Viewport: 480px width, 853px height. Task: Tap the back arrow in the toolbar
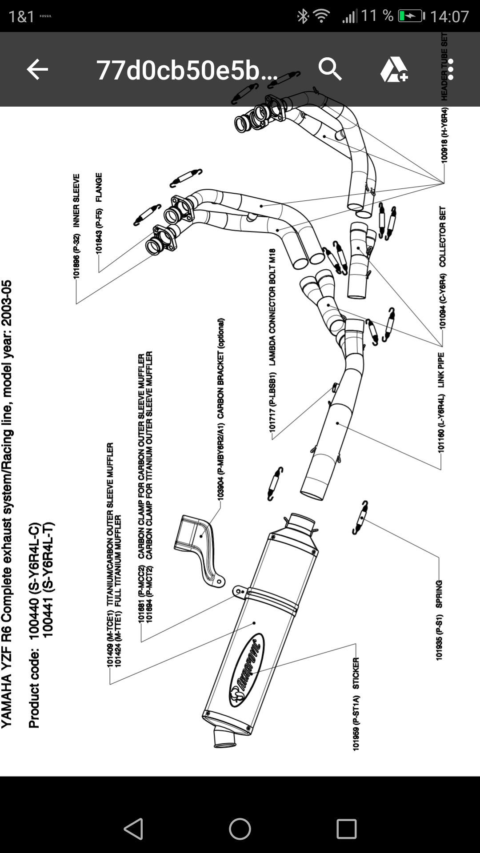[x=37, y=70]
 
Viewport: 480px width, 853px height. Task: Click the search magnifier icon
[x=330, y=69]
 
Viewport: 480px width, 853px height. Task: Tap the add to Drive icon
[x=394, y=70]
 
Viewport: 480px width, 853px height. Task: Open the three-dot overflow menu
[x=451, y=70]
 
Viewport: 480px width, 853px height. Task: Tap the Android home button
[x=240, y=829]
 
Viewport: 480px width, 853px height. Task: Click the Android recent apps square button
[x=347, y=829]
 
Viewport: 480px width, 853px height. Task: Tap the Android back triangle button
[x=133, y=829]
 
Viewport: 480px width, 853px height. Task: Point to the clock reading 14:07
[x=449, y=16]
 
